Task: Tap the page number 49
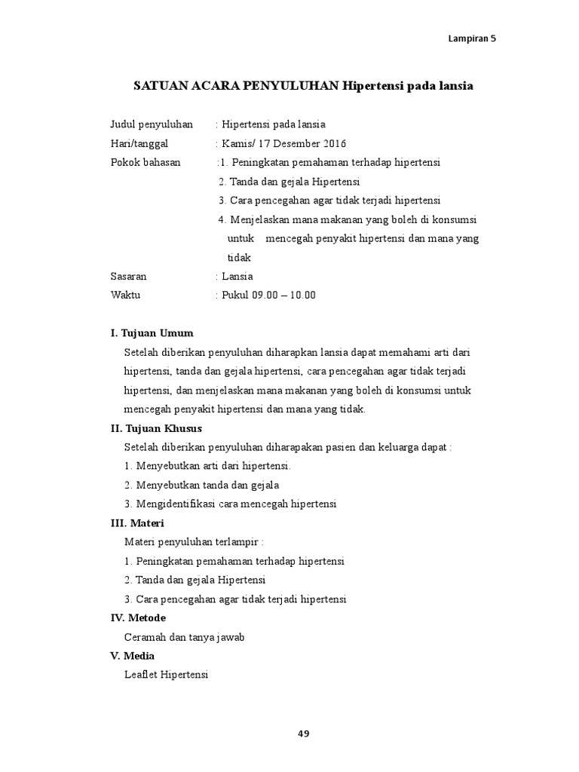point(303,733)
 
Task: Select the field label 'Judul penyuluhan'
point(152,124)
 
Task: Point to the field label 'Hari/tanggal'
point(139,143)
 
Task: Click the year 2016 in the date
point(335,143)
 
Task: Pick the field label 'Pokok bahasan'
point(146,162)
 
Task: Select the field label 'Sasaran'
point(129,276)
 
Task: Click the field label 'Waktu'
point(125,295)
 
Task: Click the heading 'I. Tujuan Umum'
point(152,332)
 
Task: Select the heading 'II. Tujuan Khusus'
point(156,427)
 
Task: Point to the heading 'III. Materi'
point(137,522)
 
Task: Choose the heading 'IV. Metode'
point(138,617)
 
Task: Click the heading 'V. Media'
point(133,656)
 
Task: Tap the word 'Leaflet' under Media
point(141,675)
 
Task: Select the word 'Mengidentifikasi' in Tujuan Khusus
point(172,504)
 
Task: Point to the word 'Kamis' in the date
point(235,143)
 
